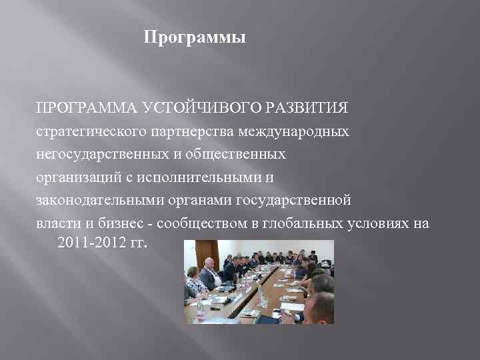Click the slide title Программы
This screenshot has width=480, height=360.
tap(195, 39)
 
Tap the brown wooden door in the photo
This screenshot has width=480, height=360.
tap(193, 257)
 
